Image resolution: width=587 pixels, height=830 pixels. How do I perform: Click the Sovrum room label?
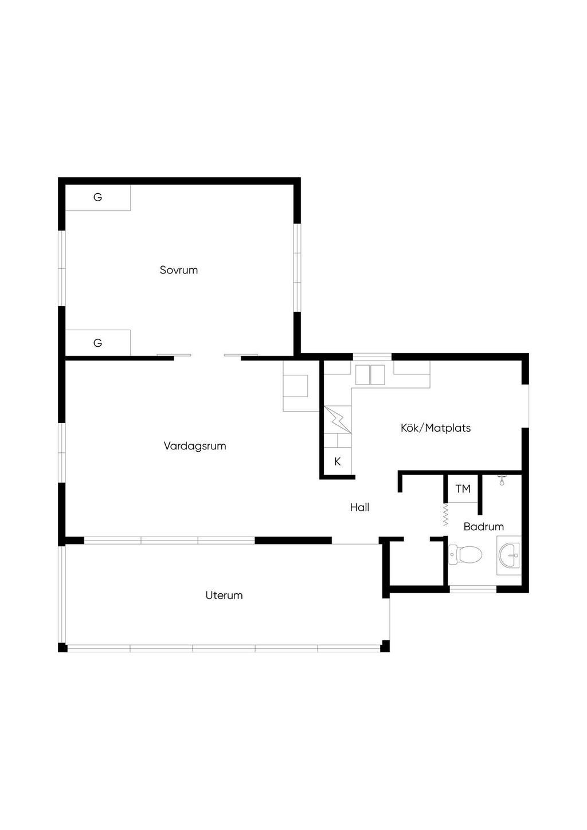click(x=179, y=270)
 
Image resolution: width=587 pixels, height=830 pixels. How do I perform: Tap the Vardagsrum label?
click(x=195, y=446)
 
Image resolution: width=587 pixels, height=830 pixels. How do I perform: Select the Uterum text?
click(x=224, y=596)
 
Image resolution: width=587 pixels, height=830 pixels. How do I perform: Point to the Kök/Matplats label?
click(x=436, y=428)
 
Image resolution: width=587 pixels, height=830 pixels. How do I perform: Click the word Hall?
click(x=359, y=507)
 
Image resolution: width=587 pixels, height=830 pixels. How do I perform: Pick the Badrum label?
click(x=484, y=526)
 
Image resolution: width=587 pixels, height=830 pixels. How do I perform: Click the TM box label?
click(x=463, y=489)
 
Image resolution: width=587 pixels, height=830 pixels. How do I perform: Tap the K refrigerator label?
click(x=338, y=461)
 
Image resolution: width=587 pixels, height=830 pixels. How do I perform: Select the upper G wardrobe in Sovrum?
click(x=98, y=198)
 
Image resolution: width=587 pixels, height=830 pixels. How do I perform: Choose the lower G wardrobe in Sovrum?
click(x=98, y=343)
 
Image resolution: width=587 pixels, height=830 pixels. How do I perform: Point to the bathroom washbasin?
click(x=508, y=555)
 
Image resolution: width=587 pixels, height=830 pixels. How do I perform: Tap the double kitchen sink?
click(x=370, y=375)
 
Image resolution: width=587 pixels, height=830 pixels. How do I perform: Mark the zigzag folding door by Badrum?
click(x=445, y=515)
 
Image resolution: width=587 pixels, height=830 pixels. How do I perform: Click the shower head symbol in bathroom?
click(x=502, y=480)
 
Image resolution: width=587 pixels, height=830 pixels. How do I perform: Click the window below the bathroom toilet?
click(x=473, y=589)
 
